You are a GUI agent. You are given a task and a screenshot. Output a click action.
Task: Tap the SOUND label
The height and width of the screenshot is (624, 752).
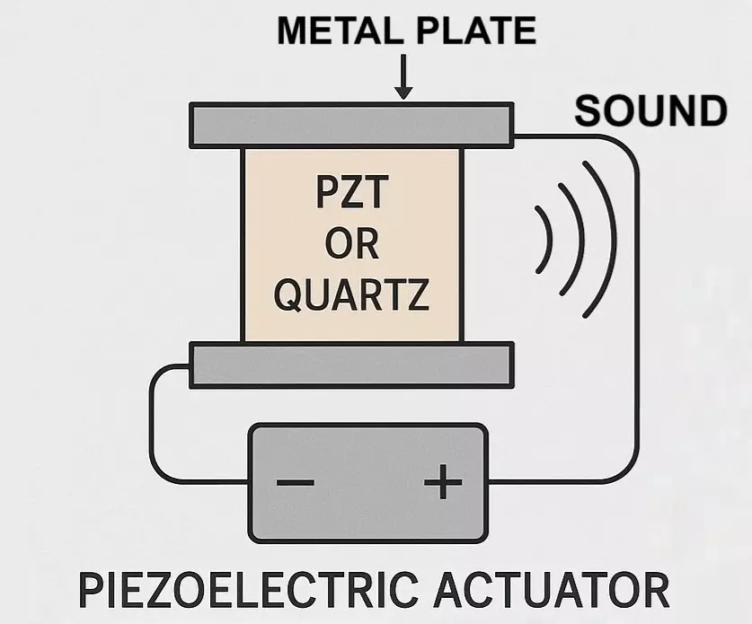click(650, 111)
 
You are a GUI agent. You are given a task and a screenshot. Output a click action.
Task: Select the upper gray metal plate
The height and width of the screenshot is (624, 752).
click(350, 125)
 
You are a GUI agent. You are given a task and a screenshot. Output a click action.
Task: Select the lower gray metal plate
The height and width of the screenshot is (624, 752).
click(350, 365)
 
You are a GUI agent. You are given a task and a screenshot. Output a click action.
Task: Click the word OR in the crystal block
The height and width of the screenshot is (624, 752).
click(351, 244)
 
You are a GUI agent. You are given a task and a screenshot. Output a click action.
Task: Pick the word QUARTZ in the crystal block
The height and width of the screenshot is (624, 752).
click(351, 294)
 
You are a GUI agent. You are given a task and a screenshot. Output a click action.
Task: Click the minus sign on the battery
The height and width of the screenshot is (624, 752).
click(296, 483)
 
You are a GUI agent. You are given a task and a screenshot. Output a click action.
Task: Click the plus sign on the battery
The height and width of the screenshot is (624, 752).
click(442, 483)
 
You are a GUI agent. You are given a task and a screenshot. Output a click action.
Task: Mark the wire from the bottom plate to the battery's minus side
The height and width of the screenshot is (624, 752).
click(151, 422)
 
